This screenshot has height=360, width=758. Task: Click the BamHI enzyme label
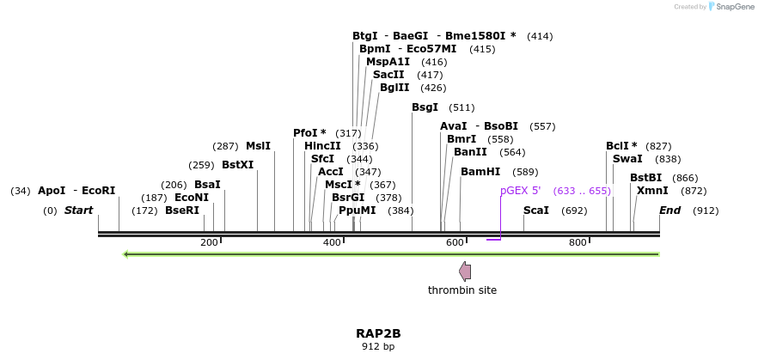480,172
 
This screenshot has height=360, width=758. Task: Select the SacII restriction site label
388,75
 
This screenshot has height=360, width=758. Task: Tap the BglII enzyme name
395,88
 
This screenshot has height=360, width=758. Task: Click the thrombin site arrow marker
465,272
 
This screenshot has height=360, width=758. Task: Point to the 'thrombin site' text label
462,290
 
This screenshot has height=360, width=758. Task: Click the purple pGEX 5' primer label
520,191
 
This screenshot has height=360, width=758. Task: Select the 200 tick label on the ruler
209,243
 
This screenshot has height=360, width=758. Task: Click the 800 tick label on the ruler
578,243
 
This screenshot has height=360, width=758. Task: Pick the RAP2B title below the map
378,333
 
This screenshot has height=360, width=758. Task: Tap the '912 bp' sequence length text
378,347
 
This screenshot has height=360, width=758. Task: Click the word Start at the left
78,211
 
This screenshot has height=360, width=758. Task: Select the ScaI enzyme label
536,211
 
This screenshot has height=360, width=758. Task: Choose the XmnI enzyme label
652,191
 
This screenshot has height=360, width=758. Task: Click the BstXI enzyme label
238,165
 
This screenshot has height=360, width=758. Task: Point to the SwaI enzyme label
627,159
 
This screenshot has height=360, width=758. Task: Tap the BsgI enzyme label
425,107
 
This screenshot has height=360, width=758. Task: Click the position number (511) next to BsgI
462,107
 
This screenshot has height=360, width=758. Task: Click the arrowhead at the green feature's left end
127,254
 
